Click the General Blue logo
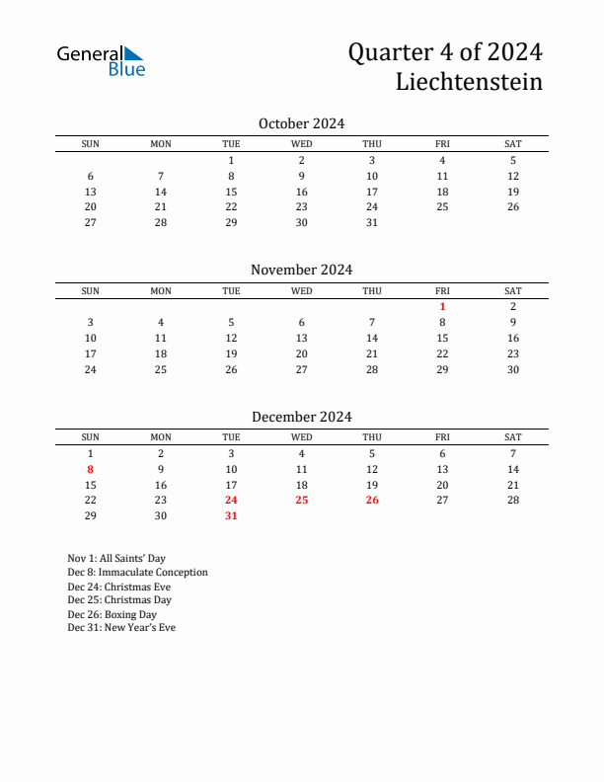pos(101,60)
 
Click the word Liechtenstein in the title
pos(469,82)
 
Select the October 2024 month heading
pos(301,123)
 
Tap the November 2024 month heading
pos(301,270)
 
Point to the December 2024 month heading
pos(301,417)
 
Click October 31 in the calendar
pos(372,222)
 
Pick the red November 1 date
pos(442,306)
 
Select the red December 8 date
pos(90,469)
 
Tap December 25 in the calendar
pos(302,500)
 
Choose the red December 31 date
pos(231,515)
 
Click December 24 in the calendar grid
pos(231,500)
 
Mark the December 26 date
pos(372,500)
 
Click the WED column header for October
pos(302,144)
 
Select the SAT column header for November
pos(513,290)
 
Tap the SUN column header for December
pos(90,437)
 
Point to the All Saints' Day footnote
pos(116,558)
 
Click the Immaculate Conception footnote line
pos(137,572)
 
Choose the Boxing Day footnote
pos(112,614)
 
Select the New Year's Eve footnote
pos(121,628)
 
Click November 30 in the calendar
pos(513,369)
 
